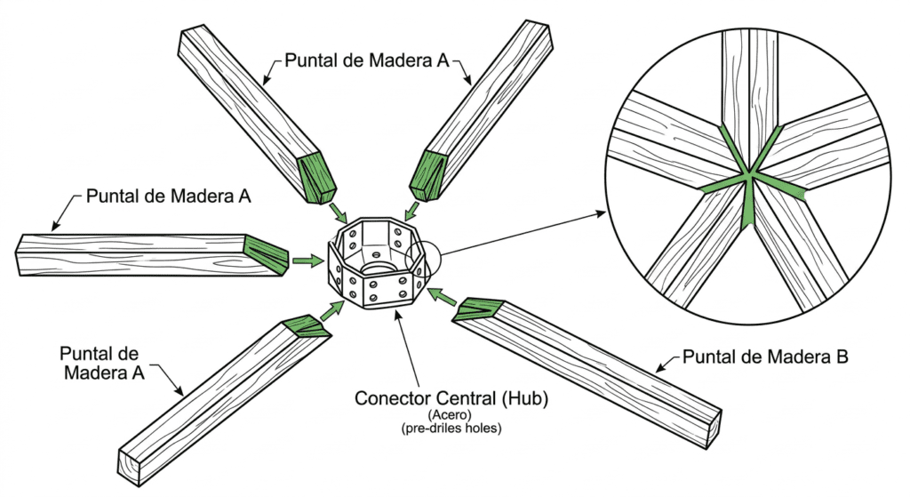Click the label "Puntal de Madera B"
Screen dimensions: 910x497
(x=765, y=357)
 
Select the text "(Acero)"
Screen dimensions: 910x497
(x=450, y=415)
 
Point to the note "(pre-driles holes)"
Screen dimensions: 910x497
(x=451, y=429)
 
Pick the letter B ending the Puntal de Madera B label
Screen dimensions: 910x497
(x=842, y=357)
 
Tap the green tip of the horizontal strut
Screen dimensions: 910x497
(x=267, y=254)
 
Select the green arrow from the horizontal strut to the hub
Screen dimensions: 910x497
(x=307, y=261)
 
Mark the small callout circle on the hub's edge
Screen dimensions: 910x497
(x=423, y=256)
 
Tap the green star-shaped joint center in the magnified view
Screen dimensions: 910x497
(x=749, y=172)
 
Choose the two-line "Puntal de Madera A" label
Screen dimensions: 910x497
(x=102, y=363)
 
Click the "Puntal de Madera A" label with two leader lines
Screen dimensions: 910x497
(x=367, y=60)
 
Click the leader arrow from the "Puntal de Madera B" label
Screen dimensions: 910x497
(x=667, y=364)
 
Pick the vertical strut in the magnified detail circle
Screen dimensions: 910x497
(x=749, y=87)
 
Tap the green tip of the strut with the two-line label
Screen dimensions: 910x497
(x=307, y=327)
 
